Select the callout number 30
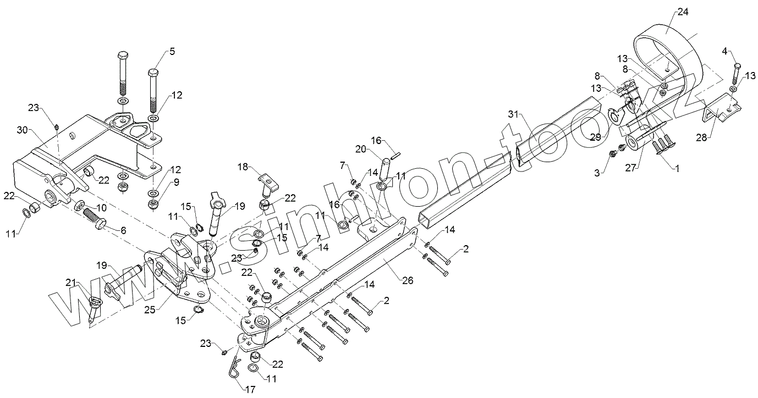[x=22, y=130]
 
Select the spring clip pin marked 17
[x=234, y=366]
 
